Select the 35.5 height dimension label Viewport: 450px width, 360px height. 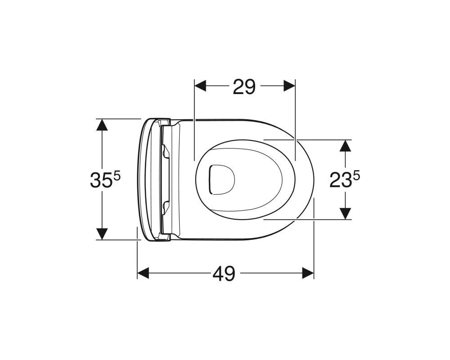coord(105,180)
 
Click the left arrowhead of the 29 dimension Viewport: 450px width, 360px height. coord(200,86)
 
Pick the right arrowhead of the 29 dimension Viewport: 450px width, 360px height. coord(289,86)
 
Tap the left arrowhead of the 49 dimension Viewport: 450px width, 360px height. coord(143,273)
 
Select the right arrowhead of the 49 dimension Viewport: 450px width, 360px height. coord(308,273)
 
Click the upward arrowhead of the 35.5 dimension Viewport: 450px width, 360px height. coord(102,125)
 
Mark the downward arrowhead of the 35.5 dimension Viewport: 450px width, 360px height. coord(102,234)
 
